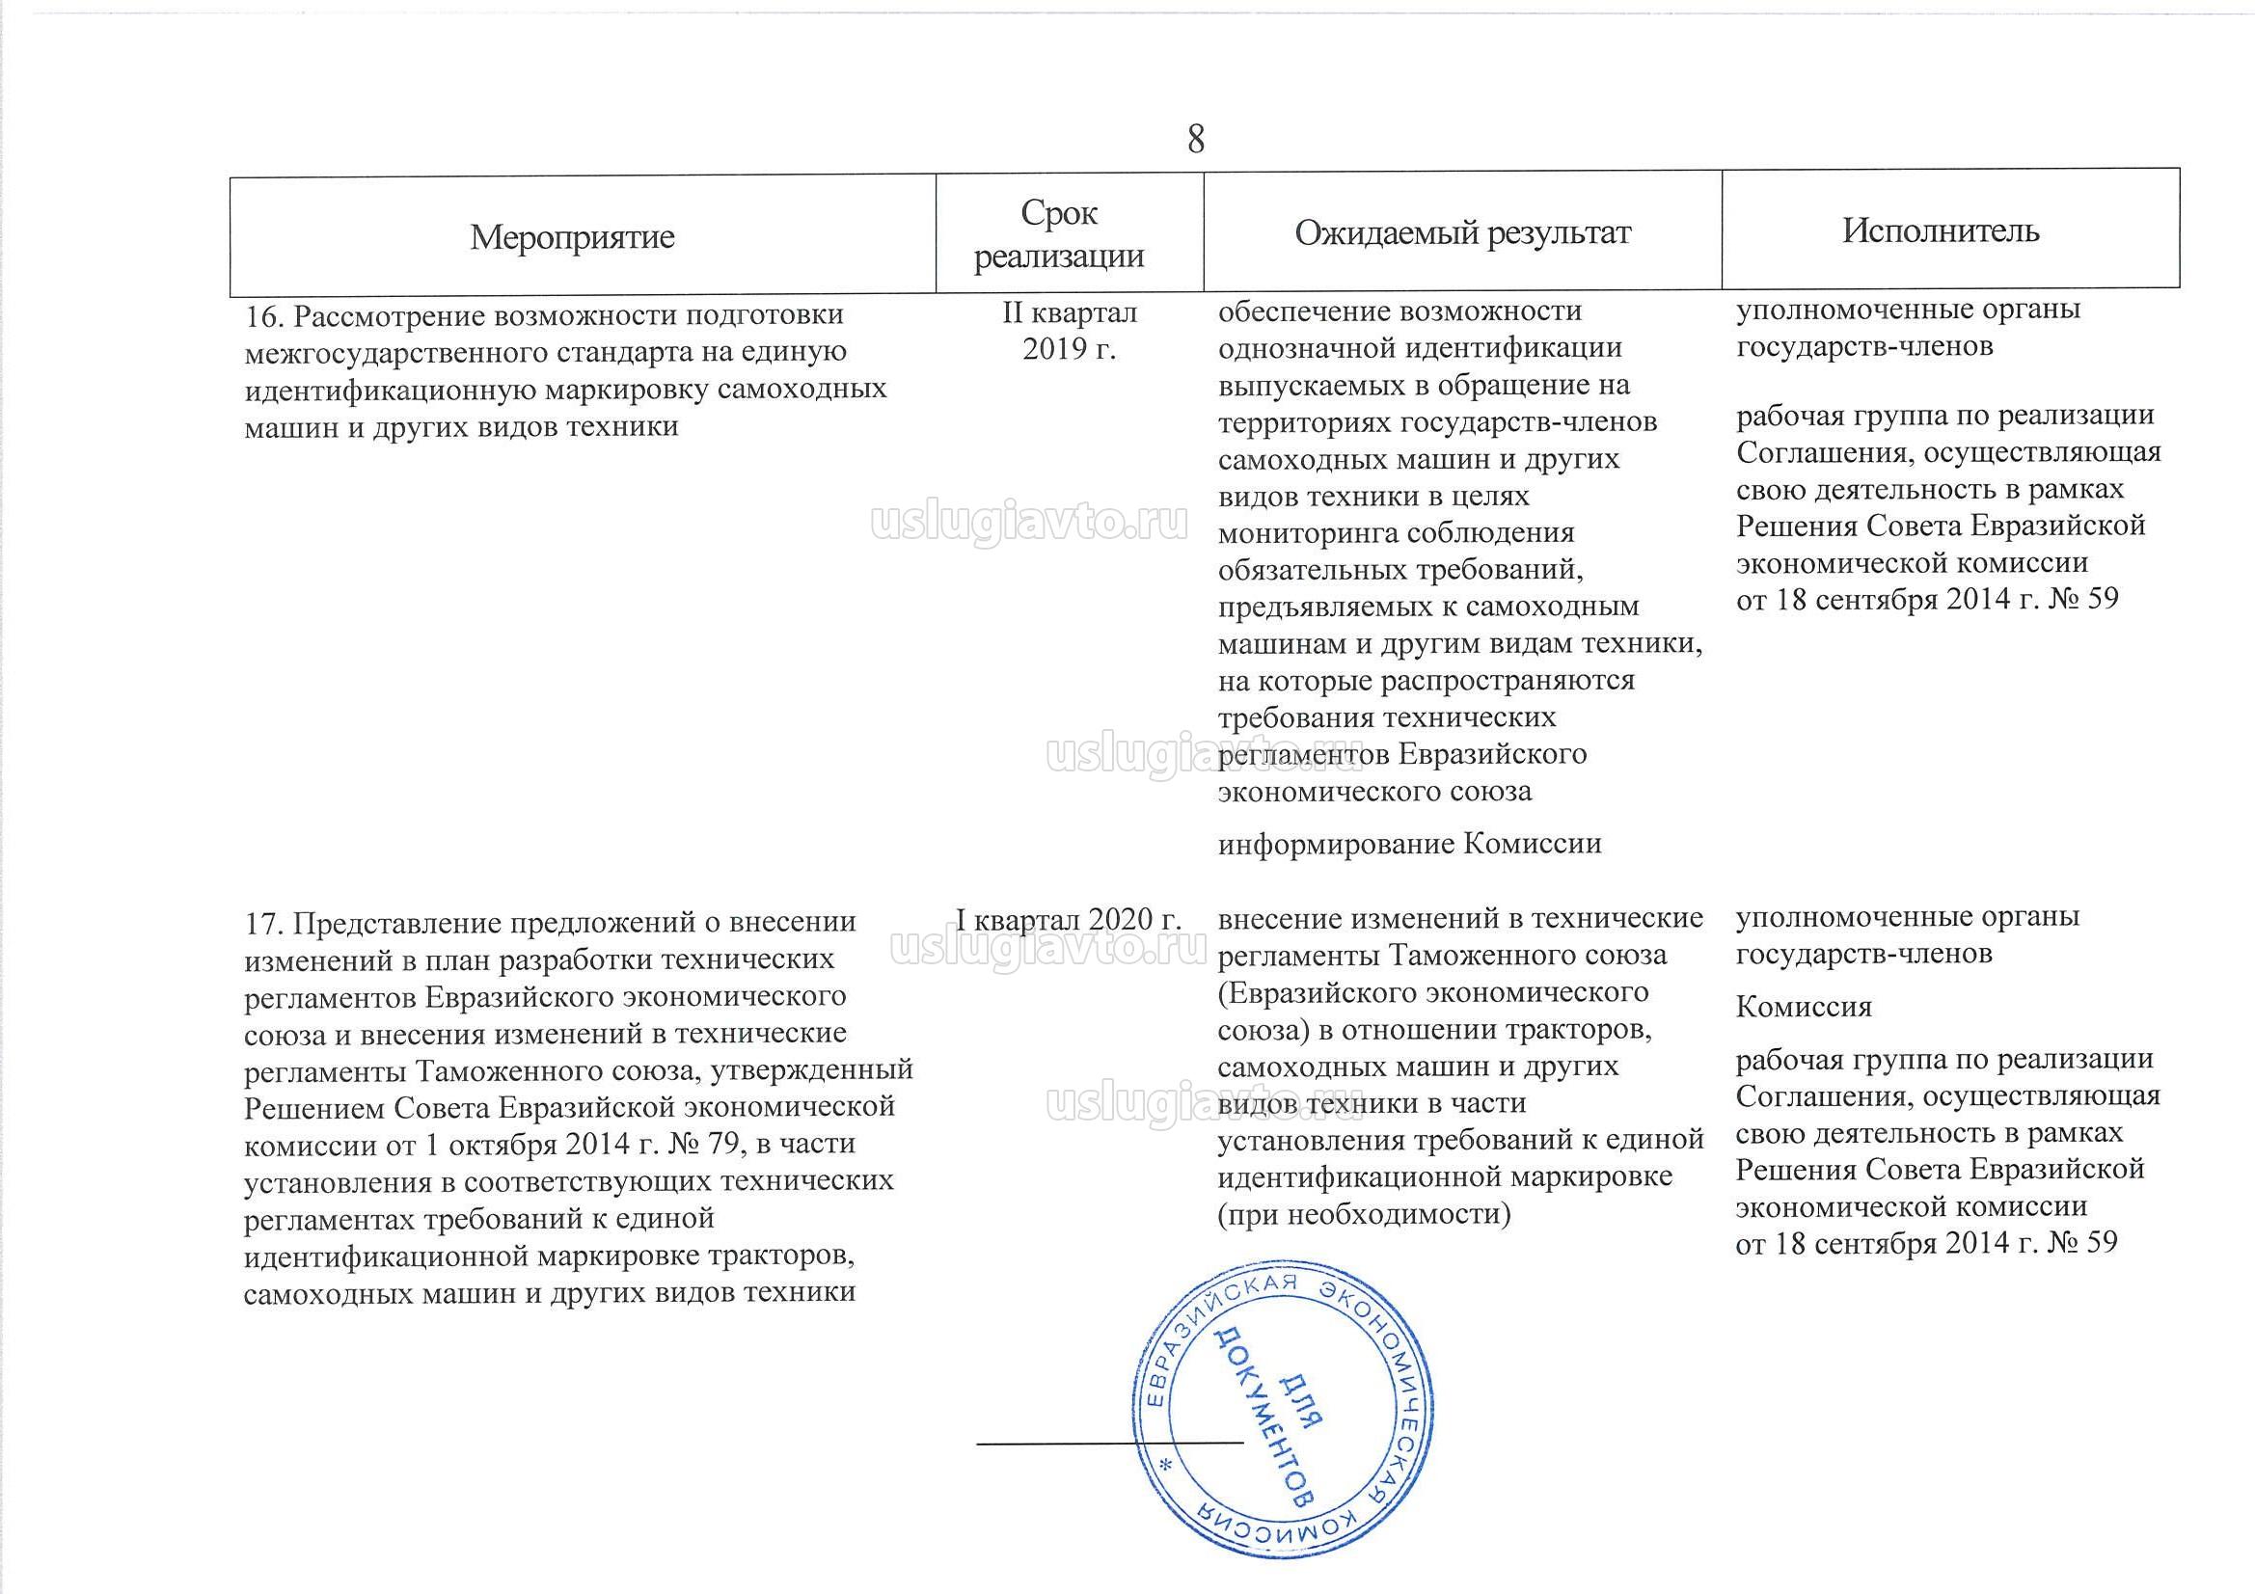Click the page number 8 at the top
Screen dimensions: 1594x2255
(1195, 140)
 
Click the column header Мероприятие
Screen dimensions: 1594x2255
(572, 236)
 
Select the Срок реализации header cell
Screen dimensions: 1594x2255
(1059, 234)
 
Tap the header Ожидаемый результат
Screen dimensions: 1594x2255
(1462, 232)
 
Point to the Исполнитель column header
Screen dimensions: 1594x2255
(1941, 230)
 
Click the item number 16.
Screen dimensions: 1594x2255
(262, 316)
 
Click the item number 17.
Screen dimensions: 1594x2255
(262, 923)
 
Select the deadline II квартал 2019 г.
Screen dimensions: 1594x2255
(1070, 330)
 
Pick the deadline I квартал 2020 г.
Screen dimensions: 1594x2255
(1069, 919)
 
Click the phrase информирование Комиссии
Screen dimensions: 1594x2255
(1409, 843)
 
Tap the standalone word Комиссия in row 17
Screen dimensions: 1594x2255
(1805, 1007)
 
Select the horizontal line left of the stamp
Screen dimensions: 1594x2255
(1110, 1443)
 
